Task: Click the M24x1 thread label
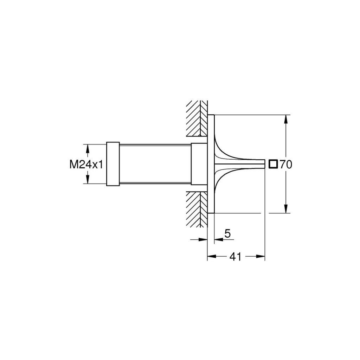(86, 164)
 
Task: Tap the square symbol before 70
(273, 164)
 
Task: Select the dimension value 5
(227, 233)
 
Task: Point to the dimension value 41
(235, 257)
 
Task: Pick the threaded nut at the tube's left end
(112, 164)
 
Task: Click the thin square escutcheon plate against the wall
(211, 164)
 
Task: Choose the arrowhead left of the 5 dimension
(203, 239)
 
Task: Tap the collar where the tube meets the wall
(199, 164)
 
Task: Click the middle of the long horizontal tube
(155, 164)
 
